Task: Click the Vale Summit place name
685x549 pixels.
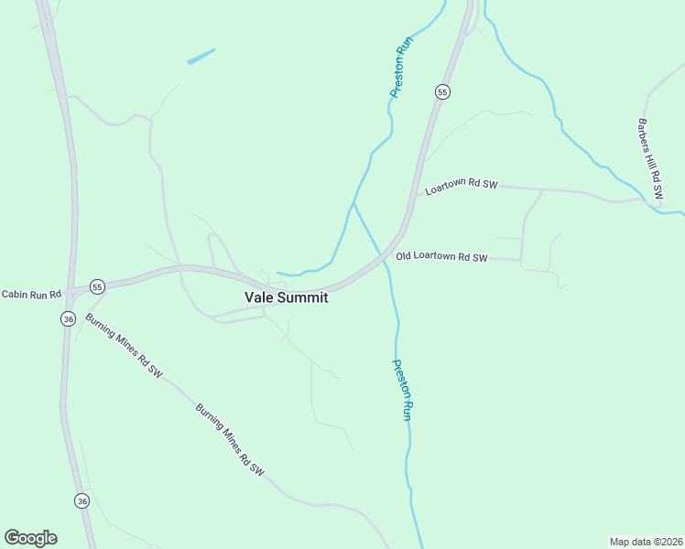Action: point(286,297)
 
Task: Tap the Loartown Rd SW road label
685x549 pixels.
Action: point(461,185)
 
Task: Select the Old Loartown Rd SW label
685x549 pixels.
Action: point(441,257)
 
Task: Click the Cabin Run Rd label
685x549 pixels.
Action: point(29,295)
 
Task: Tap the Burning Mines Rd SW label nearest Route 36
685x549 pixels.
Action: point(124,347)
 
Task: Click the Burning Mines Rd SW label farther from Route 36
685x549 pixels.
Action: point(230,440)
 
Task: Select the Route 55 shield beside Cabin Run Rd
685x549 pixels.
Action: point(98,286)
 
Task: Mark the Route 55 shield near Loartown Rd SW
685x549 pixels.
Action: point(442,91)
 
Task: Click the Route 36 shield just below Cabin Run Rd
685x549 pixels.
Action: point(69,318)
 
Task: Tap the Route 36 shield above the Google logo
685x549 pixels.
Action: point(82,501)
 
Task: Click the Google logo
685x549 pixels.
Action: point(30,538)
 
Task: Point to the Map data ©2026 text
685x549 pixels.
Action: point(646,541)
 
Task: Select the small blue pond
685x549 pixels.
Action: point(201,56)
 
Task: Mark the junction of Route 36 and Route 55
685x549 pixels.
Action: point(71,291)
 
